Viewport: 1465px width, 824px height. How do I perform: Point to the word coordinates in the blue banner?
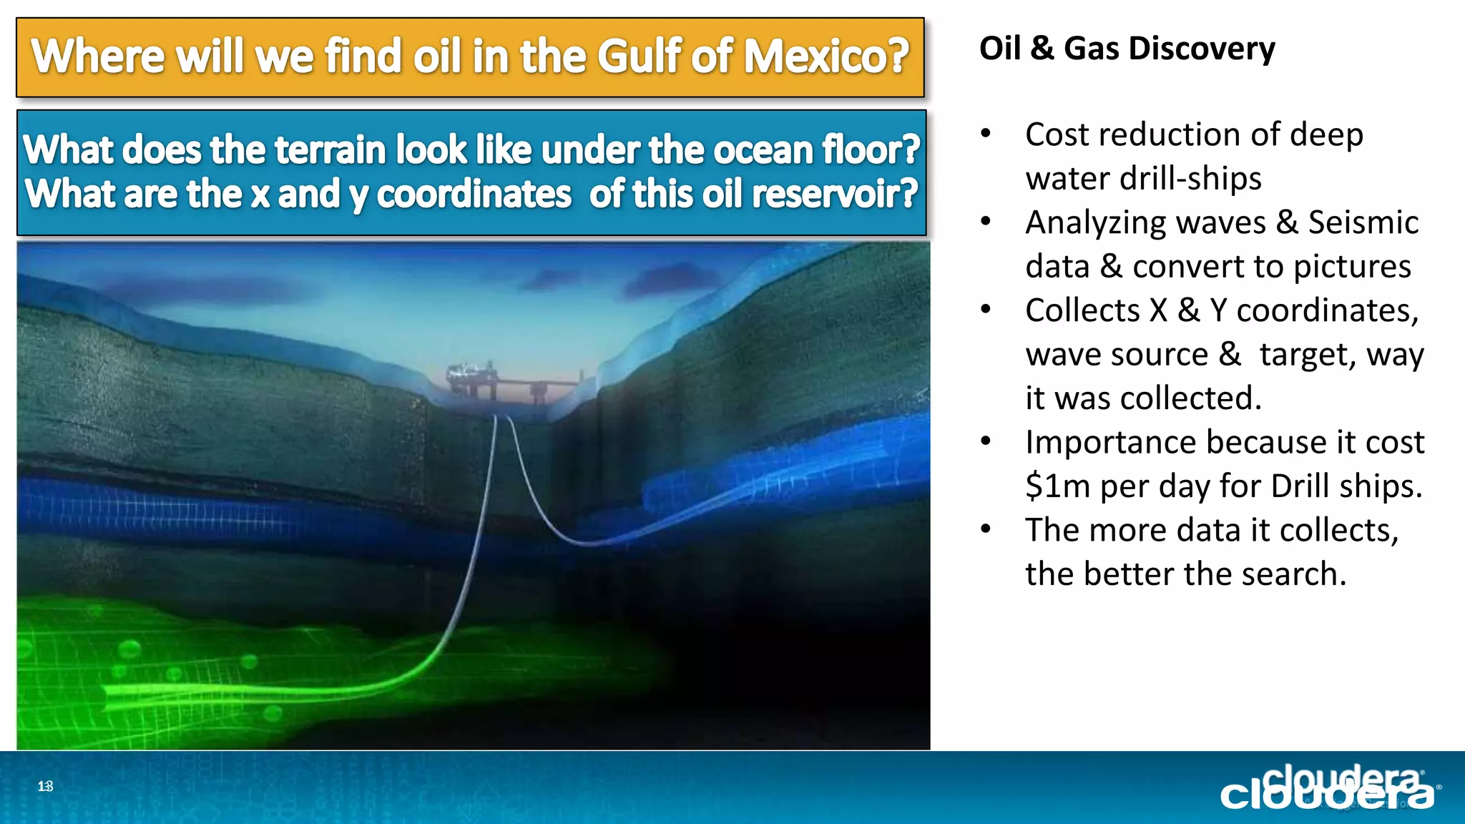pos(474,195)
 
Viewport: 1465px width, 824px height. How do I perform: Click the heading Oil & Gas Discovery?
pos(1127,49)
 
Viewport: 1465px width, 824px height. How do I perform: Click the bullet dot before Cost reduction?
pos(986,134)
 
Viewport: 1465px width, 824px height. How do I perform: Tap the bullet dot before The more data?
pos(986,529)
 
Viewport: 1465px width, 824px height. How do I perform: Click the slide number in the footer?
pos(45,787)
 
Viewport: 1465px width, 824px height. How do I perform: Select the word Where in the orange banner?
pos(99,57)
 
